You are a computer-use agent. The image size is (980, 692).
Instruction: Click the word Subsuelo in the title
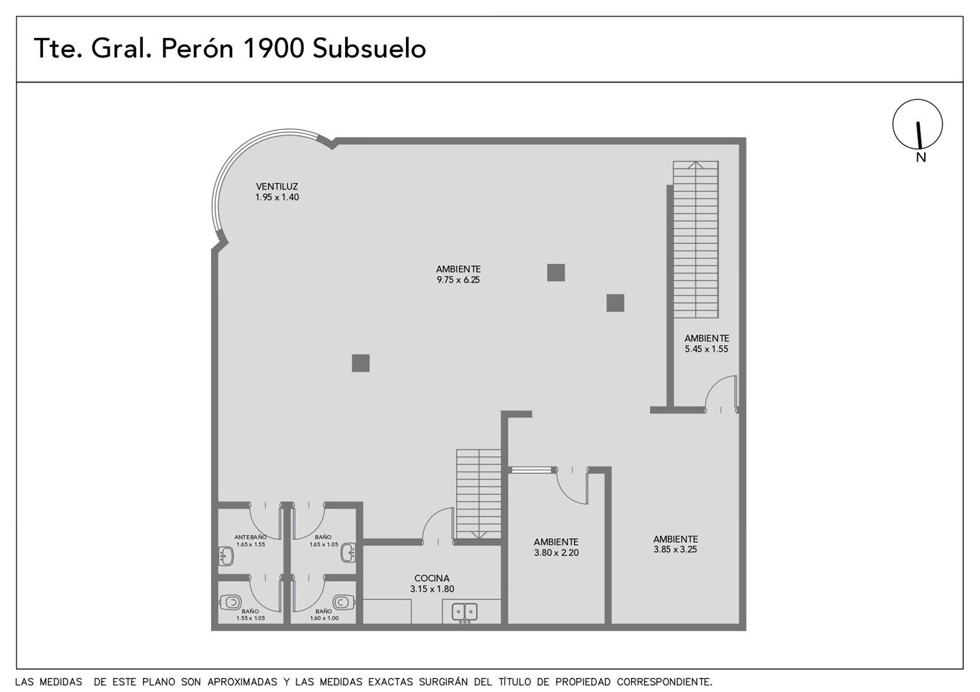point(369,48)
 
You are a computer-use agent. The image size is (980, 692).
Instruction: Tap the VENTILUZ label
point(277,186)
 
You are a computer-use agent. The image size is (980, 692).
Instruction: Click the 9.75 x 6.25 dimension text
point(458,280)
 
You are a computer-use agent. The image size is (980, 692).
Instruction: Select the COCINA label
point(432,578)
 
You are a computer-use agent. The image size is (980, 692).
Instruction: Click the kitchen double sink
point(464,612)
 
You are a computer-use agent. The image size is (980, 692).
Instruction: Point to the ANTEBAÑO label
point(250,537)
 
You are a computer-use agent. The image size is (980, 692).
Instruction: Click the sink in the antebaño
point(226,556)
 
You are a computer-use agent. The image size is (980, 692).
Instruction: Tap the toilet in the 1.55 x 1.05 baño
point(230,603)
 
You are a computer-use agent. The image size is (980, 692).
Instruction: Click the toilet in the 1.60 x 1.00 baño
point(343,602)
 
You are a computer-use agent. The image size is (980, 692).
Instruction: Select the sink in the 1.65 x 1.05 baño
point(349,552)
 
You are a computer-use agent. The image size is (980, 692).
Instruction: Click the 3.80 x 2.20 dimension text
point(556,552)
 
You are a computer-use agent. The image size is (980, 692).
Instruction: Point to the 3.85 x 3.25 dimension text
point(675,550)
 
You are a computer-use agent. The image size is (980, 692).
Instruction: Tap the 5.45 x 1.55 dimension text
point(707,349)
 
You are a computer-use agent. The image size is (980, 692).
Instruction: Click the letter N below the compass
point(921,158)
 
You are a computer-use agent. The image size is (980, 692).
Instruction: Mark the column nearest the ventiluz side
point(360,363)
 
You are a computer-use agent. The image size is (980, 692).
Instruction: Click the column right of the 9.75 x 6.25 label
point(555,272)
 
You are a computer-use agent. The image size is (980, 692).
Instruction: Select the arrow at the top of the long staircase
point(696,165)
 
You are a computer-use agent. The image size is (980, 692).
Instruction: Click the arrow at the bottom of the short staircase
point(478,535)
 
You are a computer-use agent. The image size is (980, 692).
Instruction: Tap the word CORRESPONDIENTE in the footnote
point(664,682)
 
